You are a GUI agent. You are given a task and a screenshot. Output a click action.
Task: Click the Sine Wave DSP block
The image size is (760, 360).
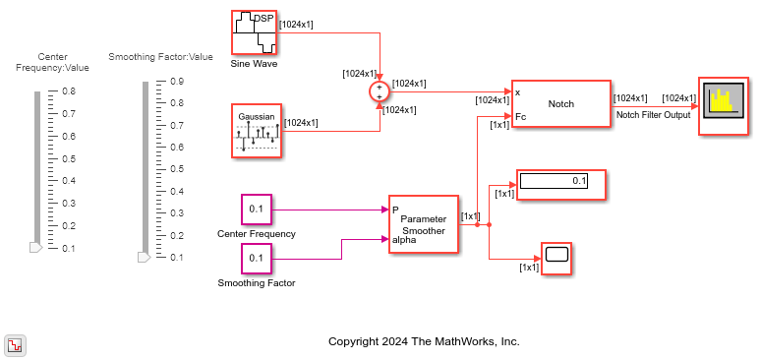point(254,32)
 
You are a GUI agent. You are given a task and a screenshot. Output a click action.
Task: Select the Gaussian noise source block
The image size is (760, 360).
point(257,131)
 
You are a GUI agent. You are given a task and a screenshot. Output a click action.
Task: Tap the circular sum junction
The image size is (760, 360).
point(380,91)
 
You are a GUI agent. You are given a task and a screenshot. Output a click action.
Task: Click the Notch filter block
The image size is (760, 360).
point(560,104)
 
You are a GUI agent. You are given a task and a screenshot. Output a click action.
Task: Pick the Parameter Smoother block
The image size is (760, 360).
point(423,224)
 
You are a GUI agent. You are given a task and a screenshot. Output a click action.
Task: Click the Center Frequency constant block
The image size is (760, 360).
point(257,210)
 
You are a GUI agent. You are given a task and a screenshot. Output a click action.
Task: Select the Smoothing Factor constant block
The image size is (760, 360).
point(257,259)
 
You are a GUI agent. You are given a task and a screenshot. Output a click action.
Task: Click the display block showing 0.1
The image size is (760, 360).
point(561,184)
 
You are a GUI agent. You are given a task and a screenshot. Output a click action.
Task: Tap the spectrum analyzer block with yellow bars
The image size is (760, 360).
point(724,105)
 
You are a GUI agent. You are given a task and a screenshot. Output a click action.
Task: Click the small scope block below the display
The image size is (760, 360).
point(556,259)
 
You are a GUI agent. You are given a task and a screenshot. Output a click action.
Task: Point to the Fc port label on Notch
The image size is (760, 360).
point(520,116)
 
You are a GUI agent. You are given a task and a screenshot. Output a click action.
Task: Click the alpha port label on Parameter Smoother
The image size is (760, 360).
point(404,239)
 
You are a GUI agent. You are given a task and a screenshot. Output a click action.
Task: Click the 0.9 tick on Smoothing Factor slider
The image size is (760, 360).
point(177,81)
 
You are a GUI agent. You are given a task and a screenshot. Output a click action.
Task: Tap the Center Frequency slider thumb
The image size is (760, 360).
point(35,248)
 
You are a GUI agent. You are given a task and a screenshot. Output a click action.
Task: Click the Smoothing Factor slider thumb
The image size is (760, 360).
point(144,257)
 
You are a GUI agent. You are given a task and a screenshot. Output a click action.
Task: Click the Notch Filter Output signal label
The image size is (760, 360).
point(653,115)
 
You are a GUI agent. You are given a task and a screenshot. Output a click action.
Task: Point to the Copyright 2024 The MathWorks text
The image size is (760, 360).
point(424,341)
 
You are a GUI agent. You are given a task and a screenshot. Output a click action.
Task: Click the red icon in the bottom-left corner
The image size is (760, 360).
point(16,346)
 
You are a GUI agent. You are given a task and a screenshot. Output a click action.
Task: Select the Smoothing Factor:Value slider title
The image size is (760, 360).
point(160,57)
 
